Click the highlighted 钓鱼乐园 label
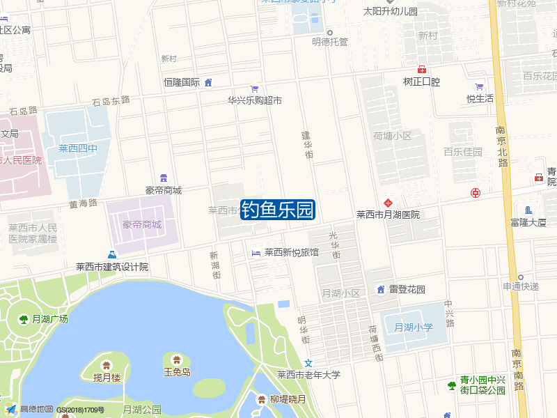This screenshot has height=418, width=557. click(x=278, y=210)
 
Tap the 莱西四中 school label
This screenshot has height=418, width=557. click(x=78, y=148)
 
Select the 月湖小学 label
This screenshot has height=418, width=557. click(x=414, y=327)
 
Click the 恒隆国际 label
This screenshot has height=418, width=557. click(x=182, y=82)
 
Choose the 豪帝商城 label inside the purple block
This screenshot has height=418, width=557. click(x=142, y=224)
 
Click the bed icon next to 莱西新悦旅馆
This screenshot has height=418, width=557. click(x=256, y=252)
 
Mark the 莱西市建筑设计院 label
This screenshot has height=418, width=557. click(x=112, y=267)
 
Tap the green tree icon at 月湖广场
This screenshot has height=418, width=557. click(x=24, y=319)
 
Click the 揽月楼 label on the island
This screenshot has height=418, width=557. click(x=107, y=377)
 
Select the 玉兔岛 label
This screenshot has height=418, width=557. click(x=177, y=372)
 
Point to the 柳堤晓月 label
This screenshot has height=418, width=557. click(x=288, y=399)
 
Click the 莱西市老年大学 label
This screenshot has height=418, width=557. click(x=309, y=375)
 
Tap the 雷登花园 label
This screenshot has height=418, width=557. click(x=407, y=289)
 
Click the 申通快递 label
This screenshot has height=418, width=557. click(x=521, y=286)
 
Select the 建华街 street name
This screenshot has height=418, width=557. click(x=307, y=145)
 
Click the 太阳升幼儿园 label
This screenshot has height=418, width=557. click(x=391, y=12)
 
